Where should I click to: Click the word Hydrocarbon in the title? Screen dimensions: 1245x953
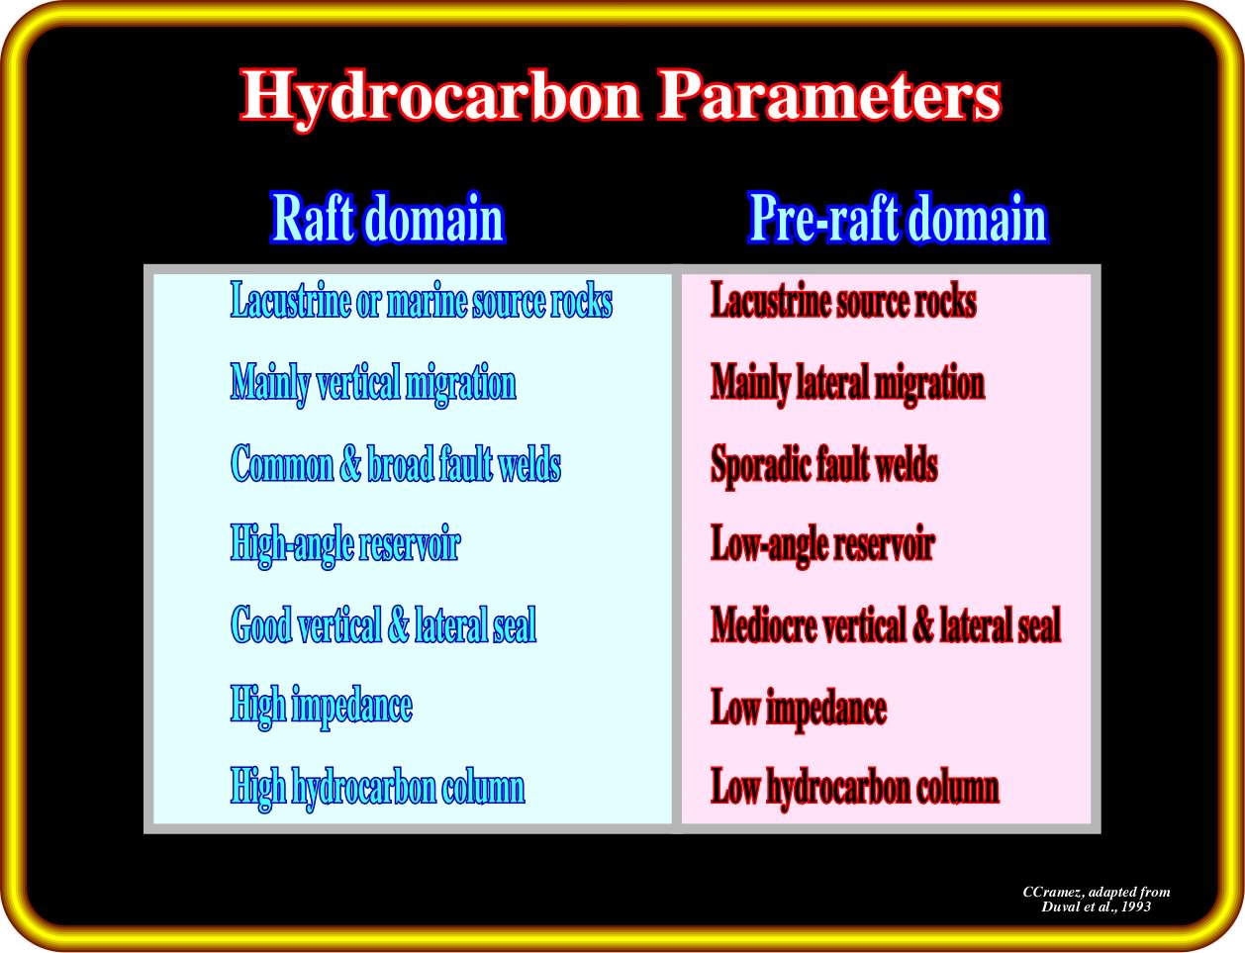pos(440,97)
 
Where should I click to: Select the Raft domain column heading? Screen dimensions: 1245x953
pos(388,218)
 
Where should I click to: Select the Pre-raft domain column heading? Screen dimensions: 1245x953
pos(899,218)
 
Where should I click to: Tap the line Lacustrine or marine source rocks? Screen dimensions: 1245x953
pos(422,300)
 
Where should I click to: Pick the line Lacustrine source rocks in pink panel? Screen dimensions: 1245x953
pos(843,300)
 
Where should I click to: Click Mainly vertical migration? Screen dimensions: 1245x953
pos(373,384)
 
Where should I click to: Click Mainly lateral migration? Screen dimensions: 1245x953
pos(847,384)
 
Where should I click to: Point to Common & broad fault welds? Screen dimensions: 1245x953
pos(395,463)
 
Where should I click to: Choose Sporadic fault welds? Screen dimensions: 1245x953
pos(823,465)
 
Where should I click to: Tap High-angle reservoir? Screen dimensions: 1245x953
pos(345,545)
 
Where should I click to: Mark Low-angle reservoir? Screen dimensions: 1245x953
pos(822,545)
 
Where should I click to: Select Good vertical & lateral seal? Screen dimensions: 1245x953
pos(383,624)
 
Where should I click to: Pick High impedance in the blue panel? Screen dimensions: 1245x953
pos(321,708)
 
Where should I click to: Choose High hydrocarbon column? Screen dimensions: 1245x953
pos(377,788)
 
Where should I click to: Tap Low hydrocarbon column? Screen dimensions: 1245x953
pos(855,788)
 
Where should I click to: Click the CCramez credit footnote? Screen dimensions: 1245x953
pos(1096,899)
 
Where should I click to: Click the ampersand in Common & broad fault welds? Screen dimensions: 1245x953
pos(350,464)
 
